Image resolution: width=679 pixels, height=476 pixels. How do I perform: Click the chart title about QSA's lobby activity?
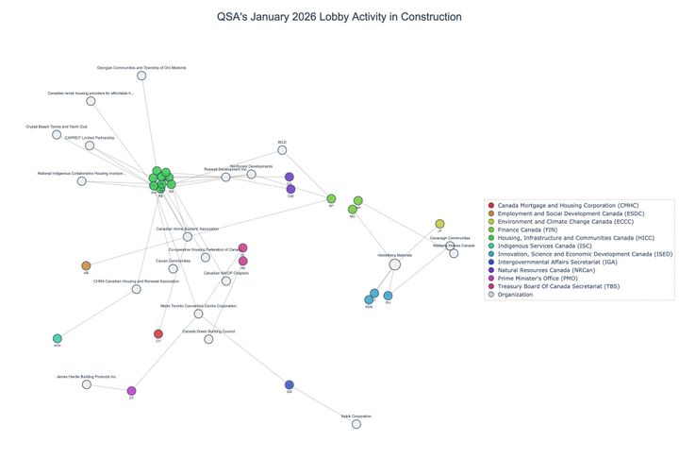[x=339, y=17]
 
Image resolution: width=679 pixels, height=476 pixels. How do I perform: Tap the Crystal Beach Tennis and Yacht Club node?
[x=57, y=134]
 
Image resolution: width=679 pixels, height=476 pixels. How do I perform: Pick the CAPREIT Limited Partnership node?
[x=91, y=145]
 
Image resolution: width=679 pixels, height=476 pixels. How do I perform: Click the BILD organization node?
[x=282, y=150]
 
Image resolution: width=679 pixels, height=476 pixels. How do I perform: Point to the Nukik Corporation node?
[x=356, y=424]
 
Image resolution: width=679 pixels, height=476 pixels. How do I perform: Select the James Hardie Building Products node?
[x=87, y=384]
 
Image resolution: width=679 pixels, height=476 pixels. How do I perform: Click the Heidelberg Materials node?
[x=395, y=264]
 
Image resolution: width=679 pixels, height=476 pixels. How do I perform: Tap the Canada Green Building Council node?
[x=208, y=339]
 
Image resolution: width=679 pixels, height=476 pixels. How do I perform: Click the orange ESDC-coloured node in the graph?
[x=86, y=266]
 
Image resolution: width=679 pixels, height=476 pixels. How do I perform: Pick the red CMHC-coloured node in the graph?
[x=158, y=333]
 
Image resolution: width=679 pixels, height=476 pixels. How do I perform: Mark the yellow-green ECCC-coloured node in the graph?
[x=439, y=224]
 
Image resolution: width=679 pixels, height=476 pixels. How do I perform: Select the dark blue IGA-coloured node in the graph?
[x=290, y=384]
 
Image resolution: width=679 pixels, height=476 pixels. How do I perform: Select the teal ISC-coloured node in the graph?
[x=58, y=338]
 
